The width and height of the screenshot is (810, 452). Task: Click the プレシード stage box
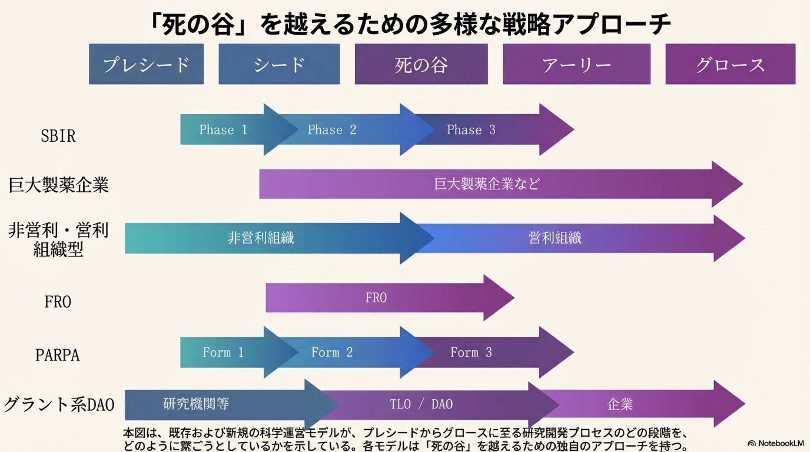[146, 64]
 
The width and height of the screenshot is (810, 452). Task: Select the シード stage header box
[279, 64]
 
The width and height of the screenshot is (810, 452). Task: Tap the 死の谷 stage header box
[421, 64]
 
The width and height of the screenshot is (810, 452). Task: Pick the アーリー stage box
[576, 64]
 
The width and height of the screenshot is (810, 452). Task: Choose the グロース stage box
[730, 64]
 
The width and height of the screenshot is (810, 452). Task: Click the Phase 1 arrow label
[223, 129]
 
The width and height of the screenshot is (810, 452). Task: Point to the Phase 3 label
[471, 129]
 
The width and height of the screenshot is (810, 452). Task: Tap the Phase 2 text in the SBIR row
[332, 129]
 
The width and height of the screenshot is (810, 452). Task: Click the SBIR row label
[58, 136]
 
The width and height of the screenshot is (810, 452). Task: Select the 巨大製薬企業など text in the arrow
[487, 184]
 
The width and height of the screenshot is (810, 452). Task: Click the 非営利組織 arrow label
[261, 238]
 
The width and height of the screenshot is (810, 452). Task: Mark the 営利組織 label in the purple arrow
[555, 238]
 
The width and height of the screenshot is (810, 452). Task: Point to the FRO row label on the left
[58, 302]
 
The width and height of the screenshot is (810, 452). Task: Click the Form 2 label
[332, 352]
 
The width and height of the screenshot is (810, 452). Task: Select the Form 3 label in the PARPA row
[471, 352]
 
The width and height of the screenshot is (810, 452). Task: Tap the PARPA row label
[57, 355]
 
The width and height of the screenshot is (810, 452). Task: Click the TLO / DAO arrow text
[421, 404]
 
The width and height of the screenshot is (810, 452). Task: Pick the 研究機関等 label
[196, 404]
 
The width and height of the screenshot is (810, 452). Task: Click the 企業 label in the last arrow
[620, 404]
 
